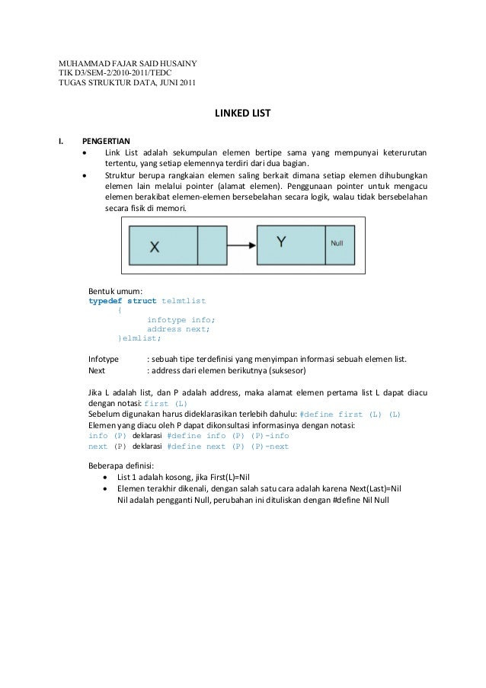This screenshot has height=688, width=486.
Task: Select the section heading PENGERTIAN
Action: tap(107, 141)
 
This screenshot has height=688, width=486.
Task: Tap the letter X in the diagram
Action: tap(154, 246)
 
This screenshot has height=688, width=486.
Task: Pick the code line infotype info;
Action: tap(181, 320)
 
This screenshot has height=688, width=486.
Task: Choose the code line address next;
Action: tap(178, 329)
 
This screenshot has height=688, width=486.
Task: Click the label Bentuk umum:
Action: tap(110, 291)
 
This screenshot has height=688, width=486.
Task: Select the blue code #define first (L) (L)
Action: tap(351, 414)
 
